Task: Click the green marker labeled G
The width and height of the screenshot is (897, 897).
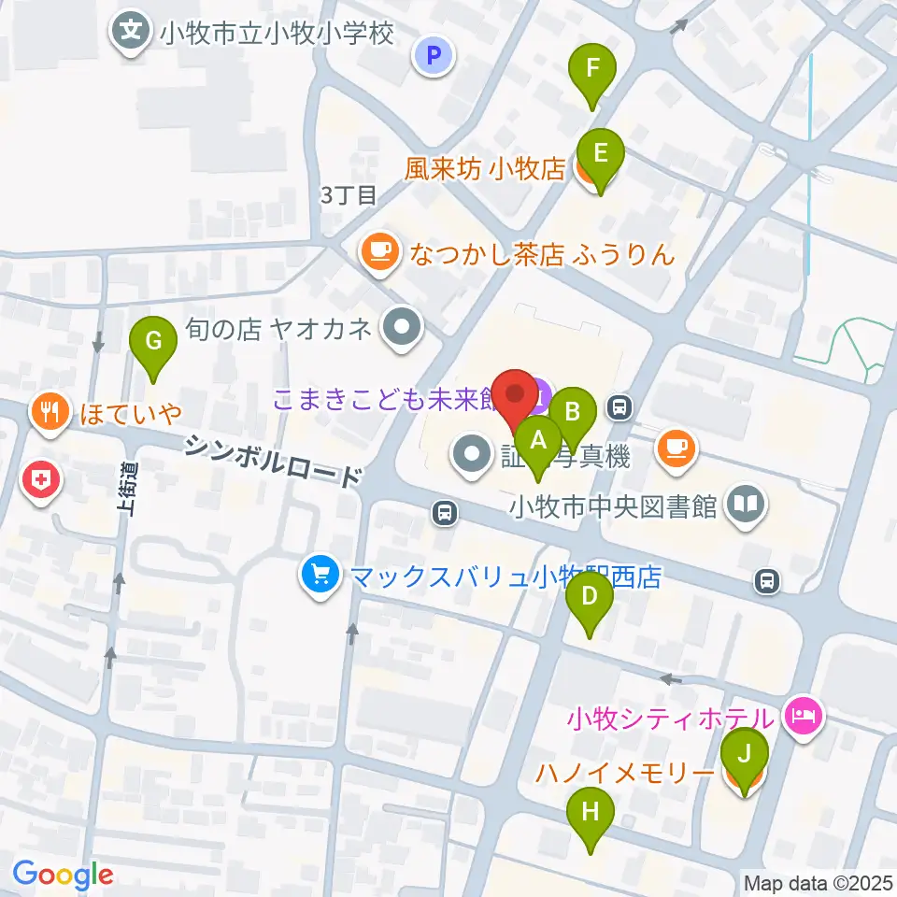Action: pos(152,344)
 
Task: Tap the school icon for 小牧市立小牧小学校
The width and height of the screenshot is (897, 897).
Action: pos(132,34)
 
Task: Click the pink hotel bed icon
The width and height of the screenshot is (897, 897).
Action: pos(805,717)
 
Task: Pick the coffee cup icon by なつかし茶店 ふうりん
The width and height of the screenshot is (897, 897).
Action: pos(378,252)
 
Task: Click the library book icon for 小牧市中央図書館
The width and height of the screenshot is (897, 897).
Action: pos(747,505)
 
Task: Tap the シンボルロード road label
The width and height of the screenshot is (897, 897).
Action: pos(272,462)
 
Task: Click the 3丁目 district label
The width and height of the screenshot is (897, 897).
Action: pos(348,195)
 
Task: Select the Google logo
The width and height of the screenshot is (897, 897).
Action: pos(63,875)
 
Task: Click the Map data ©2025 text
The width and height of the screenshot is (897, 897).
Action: pos(819,882)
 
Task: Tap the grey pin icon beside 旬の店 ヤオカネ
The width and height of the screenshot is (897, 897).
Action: pos(404,328)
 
